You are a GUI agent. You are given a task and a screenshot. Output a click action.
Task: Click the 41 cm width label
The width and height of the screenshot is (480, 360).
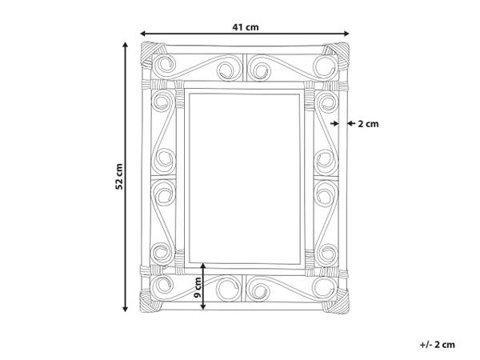pyautogui.click(x=246, y=27)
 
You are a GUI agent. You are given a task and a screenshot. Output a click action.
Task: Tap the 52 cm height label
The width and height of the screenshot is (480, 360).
pyautogui.click(x=119, y=177)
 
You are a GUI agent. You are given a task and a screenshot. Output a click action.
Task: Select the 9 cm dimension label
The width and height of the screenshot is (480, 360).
pyautogui.click(x=198, y=287)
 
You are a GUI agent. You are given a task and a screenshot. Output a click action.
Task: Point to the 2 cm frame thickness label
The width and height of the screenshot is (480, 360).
pyautogui.click(x=368, y=124)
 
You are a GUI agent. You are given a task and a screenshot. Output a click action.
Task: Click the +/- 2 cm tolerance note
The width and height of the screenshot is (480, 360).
pyautogui.click(x=437, y=345)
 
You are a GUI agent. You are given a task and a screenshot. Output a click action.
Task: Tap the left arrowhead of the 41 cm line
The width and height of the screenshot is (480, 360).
pyautogui.click(x=143, y=34)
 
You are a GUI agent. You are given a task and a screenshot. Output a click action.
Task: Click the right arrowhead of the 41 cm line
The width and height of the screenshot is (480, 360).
pyautogui.click(x=346, y=34)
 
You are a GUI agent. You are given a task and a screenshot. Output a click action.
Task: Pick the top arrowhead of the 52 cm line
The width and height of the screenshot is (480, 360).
pyautogui.click(x=125, y=46)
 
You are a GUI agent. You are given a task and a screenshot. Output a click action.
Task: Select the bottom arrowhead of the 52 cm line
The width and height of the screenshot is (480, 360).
pyautogui.click(x=125, y=308)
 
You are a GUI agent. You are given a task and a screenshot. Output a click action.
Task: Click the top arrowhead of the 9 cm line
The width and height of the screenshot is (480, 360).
pyautogui.click(x=203, y=266)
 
